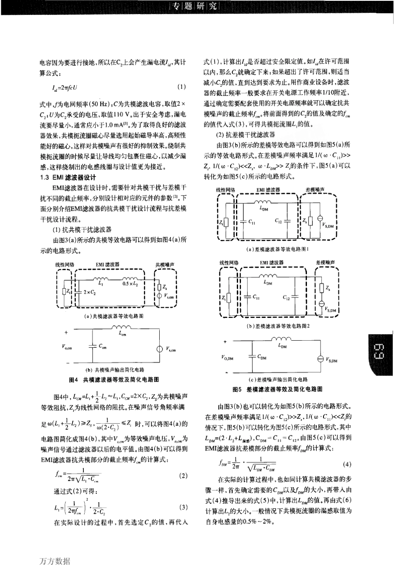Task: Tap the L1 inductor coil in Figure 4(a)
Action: coord(100,278)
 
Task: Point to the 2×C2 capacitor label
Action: coord(89,292)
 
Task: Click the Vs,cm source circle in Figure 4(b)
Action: coord(159,349)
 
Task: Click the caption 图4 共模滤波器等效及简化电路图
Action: coord(114,380)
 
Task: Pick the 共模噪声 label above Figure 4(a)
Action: coord(165,264)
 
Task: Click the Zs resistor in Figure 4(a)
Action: coord(158,287)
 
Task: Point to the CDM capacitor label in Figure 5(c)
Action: coord(262,356)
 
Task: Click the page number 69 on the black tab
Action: coord(380,352)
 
